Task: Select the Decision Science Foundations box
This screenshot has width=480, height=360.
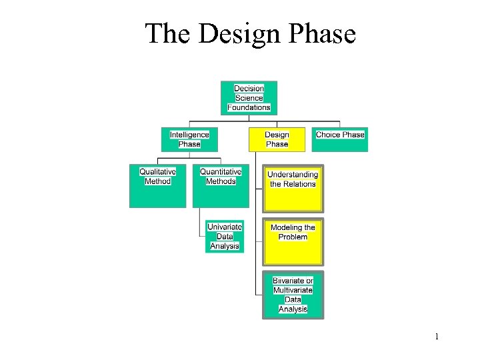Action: click(x=249, y=98)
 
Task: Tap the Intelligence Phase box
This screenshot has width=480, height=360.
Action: click(x=189, y=139)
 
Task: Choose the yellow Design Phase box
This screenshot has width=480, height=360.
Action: click(x=277, y=139)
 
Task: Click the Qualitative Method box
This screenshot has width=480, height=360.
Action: click(x=157, y=186)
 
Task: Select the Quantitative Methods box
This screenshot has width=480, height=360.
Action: click(x=221, y=186)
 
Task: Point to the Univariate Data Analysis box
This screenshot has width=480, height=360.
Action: click(x=225, y=237)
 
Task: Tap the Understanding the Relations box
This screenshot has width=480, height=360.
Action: click(x=293, y=188)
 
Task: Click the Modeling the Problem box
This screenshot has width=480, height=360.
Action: click(x=293, y=241)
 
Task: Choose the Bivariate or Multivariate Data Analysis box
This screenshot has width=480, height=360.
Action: click(x=293, y=295)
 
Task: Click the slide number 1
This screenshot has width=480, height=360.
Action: click(x=437, y=337)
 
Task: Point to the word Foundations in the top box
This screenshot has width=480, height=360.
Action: click(x=249, y=107)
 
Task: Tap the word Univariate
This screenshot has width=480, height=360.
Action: click(x=225, y=227)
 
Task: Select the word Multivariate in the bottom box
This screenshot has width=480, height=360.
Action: click(x=293, y=290)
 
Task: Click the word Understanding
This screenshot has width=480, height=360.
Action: click(x=293, y=175)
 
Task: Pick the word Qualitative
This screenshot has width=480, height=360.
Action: click(x=157, y=172)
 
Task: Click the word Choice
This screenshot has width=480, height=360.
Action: click(x=328, y=135)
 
